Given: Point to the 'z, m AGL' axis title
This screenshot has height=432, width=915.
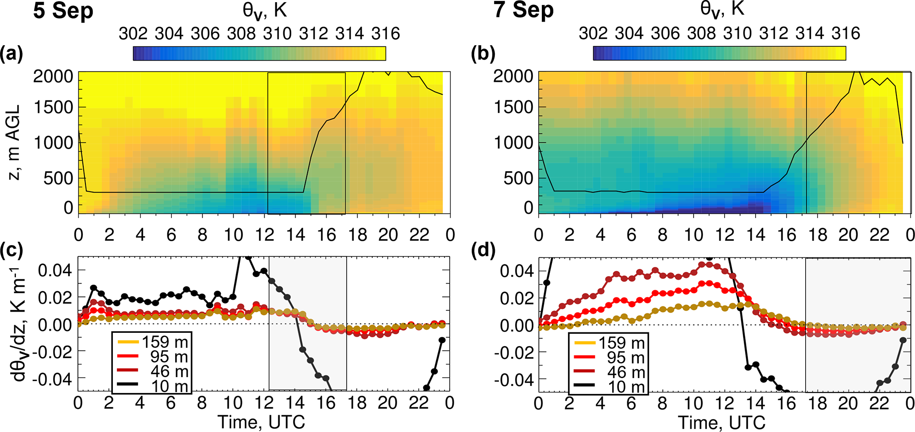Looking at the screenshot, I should pos(15,143).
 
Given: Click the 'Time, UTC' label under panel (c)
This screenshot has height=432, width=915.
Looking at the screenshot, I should pos(261,422).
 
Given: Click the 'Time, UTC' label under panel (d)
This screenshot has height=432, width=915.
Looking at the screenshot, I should pos(722,422).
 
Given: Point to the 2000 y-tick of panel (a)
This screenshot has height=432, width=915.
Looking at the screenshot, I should pos(53,76).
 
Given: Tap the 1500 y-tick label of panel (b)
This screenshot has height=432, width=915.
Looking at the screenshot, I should pos(513,107).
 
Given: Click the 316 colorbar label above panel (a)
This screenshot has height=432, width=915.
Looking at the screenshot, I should pos(386,34).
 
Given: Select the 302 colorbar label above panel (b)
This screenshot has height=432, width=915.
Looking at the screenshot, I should pos(593,33).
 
